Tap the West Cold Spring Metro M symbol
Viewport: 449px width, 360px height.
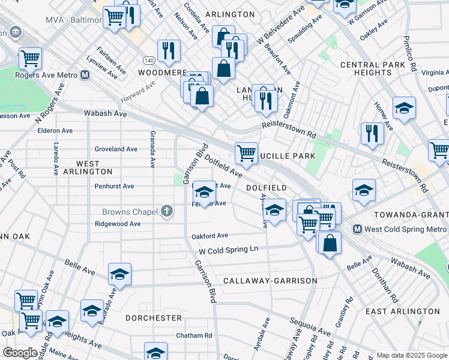point(357,229)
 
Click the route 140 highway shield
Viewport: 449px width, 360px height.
point(147,61)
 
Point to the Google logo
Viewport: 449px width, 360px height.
point(19,353)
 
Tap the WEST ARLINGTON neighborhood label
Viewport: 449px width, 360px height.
point(87,167)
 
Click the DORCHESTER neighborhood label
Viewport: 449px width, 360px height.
point(154,317)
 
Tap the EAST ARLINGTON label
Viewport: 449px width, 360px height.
point(393,311)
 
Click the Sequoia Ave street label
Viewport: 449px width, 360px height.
point(310,328)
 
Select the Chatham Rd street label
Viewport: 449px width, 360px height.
point(194,335)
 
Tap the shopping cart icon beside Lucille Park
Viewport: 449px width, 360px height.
point(246,154)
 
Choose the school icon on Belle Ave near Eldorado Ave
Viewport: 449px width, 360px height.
point(119,274)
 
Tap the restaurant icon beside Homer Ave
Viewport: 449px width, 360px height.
point(372,133)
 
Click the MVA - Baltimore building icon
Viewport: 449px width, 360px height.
point(14,31)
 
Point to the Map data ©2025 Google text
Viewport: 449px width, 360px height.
point(412,355)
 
